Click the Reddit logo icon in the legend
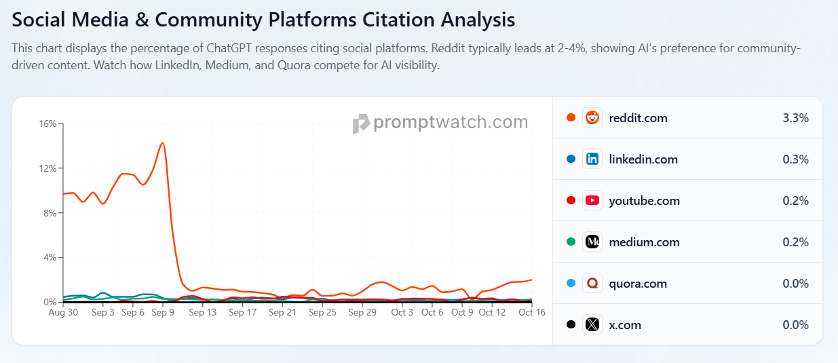pyautogui.click(x=592, y=117)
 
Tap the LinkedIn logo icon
pyautogui.click(x=592, y=159)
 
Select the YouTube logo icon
pyautogui.click(x=592, y=200)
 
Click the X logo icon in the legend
pyautogui.click(x=592, y=324)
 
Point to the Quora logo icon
pyautogui.click(x=592, y=283)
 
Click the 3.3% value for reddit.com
pyautogui.click(x=795, y=118)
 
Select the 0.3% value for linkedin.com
pyautogui.click(x=795, y=159)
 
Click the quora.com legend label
pyautogui.click(x=638, y=284)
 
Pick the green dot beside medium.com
pyautogui.click(x=571, y=242)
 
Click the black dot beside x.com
pyautogui.click(x=571, y=324)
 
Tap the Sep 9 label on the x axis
pyautogui.click(x=163, y=312)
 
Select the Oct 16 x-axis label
pyautogui.click(x=531, y=312)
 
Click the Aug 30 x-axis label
pyautogui.click(x=63, y=312)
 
